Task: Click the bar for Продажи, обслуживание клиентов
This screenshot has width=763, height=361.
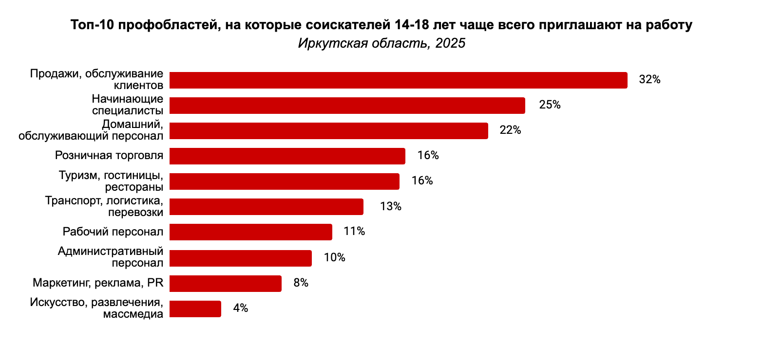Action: tap(398, 80)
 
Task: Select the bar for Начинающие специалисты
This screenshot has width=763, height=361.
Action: tap(347, 106)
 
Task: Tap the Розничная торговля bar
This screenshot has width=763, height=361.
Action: tap(287, 156)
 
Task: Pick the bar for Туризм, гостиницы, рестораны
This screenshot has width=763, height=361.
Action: tap(284, 181)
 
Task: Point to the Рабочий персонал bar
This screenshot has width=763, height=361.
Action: tap(250, 232)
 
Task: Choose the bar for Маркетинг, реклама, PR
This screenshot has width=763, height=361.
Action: tap(225, 283)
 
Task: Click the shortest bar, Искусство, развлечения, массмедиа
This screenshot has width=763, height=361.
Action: tap(195, 309)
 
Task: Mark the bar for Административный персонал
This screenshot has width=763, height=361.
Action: tap(240, 258)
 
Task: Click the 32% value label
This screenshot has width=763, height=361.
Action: tap(649, 80)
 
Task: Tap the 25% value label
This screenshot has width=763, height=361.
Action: tap(550, 105)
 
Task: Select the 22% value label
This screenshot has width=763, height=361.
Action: tap(510, 130)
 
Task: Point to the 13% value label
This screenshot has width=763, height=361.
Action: tap(390, 207)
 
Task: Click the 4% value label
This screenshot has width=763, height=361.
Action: tap(241, 308)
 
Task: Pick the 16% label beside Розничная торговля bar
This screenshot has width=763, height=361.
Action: tap(428, 156)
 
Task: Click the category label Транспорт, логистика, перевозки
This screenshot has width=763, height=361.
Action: tap(104, 206)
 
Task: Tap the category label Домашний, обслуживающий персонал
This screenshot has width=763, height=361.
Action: tap(91, 130)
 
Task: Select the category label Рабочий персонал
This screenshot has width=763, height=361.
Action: tap(113, 232)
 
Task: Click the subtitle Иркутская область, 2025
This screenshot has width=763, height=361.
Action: tap(381, 43)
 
